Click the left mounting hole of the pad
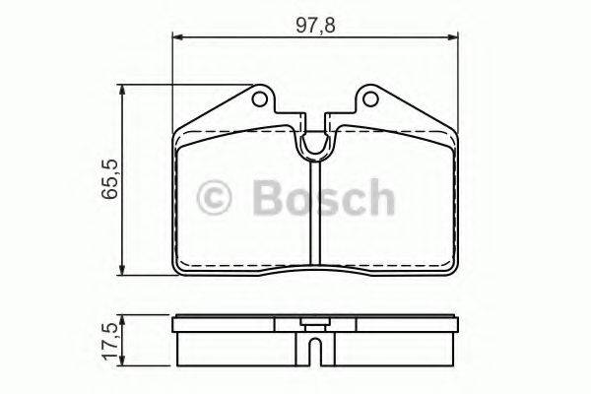tap(259, 99)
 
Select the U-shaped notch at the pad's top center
tap(314, 146)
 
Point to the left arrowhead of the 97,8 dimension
tap(177, 38)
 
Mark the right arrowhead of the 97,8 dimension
tap(453, 38)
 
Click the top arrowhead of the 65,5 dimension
tap(122, 90)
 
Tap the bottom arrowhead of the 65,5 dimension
tap(122, 273)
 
